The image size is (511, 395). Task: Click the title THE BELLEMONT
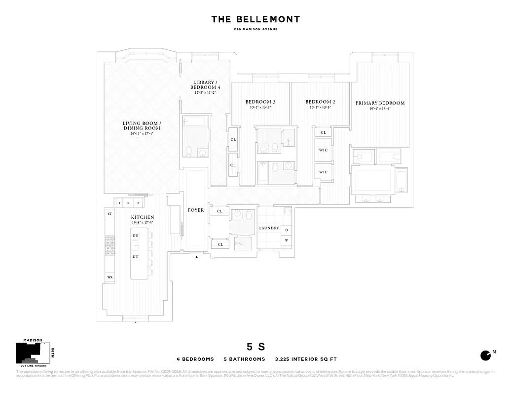click(x=255, y=19)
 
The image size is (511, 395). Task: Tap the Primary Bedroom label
click(x=380, y=103)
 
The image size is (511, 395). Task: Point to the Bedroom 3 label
click(x=260, y=102)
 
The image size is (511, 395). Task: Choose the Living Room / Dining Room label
click(x=142, y=126)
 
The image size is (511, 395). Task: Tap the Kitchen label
click(x=142, y=217)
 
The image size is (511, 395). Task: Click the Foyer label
click(x=196, y=210)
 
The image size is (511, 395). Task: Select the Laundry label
click(x=269, y=228)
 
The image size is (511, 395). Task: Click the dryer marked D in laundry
click(x=287, y=230)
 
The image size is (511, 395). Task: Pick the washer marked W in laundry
click(x=287, y=240)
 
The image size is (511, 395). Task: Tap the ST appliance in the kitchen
click(x=109, y=214)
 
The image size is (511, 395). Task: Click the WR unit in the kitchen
click(x=109, y=277)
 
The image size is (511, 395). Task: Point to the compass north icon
click(x=485, y=355)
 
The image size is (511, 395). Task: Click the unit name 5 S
click(x=256, y=347)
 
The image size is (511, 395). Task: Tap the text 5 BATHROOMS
click(x=245, y=359)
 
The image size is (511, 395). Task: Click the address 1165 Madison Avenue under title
click(x=255, y=29)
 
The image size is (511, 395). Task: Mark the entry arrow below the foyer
click(x=196, y=257)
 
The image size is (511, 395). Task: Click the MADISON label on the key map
click(x=33, y=340)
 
